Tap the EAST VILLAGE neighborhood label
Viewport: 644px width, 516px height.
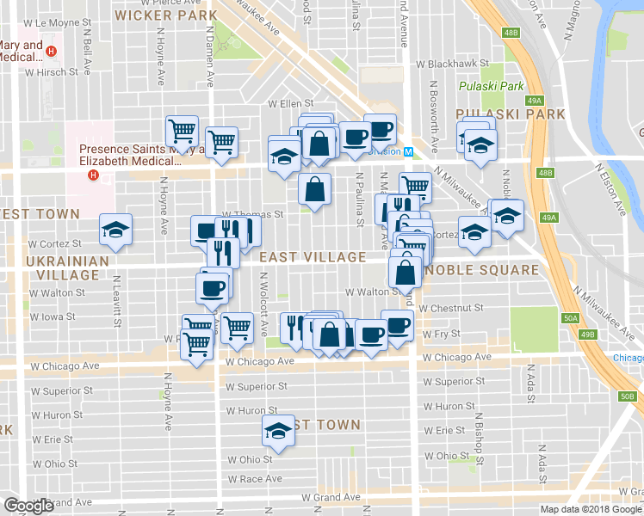click(x=313, y=256)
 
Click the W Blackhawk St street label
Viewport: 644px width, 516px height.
click(x=452, y=64)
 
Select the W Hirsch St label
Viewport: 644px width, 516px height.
click(x=53, y=74)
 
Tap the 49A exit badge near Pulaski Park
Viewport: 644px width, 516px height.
click(x=536, y=101)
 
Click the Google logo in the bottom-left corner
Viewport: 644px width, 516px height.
click(x=29, y=507)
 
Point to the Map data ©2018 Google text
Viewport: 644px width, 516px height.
click(x=590, y=509)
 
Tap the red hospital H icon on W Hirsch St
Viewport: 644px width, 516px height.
click(x=52, y=51)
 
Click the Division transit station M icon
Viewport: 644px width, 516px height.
click(x=410, y=151)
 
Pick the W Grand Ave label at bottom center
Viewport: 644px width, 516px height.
click(x=330, y=497)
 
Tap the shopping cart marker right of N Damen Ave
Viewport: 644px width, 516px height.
click(x=222, y=142)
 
